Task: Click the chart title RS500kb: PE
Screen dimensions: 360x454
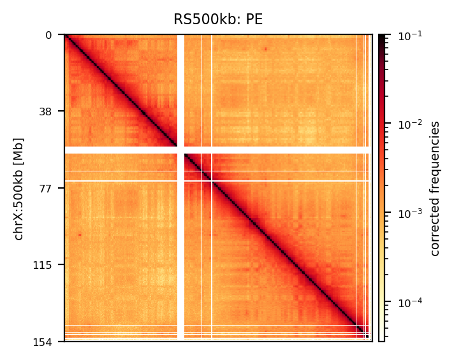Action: tap(218, 20)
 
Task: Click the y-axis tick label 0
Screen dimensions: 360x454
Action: tap(48, 35)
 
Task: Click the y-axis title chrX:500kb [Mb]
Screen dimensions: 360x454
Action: tap(19, 189)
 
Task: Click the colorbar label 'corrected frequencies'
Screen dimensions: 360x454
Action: tap(436, 188)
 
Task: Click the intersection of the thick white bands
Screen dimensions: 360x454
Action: tap(180, 150)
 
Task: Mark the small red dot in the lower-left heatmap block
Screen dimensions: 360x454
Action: tap(79, 234)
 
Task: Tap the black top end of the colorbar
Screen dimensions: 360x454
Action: tap(381, 38)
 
